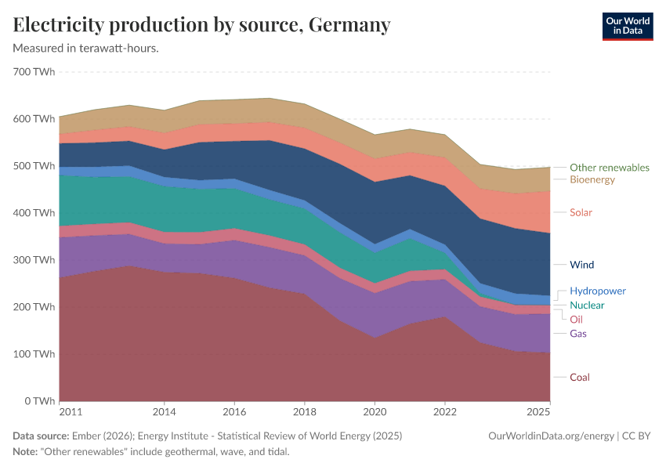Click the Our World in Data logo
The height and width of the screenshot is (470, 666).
[x=627, y=26]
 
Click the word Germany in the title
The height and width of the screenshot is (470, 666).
[x=349, y=25]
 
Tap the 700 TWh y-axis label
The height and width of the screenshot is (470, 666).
[x=34, y=72]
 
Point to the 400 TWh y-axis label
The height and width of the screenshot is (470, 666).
[x=34, y=213]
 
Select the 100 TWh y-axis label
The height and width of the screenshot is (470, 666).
[x=34, y=354]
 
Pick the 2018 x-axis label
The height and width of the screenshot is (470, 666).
[x=304, y=410]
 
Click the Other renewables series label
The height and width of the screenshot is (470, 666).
[x=609, y=168]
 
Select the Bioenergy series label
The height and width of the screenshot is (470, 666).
[x=592, y=180]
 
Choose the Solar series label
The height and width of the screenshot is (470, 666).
[x=581, y=212]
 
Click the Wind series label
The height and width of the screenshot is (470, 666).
[x=581, y=265]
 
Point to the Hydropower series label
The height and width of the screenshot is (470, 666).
[x=597, y=291]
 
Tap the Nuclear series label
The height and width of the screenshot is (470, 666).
[x=586, y=305]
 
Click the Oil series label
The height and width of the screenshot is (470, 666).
[x=576, y=320]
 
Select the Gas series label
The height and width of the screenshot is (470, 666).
[x=577, y=334]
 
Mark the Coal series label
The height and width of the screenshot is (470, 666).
[x=579, y=378]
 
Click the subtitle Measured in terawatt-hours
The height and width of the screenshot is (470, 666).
[x=86, y=49]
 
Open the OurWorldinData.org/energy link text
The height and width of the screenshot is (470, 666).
[x=551, y=436]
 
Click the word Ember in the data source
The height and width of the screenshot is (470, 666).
[x=85, y=436]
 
